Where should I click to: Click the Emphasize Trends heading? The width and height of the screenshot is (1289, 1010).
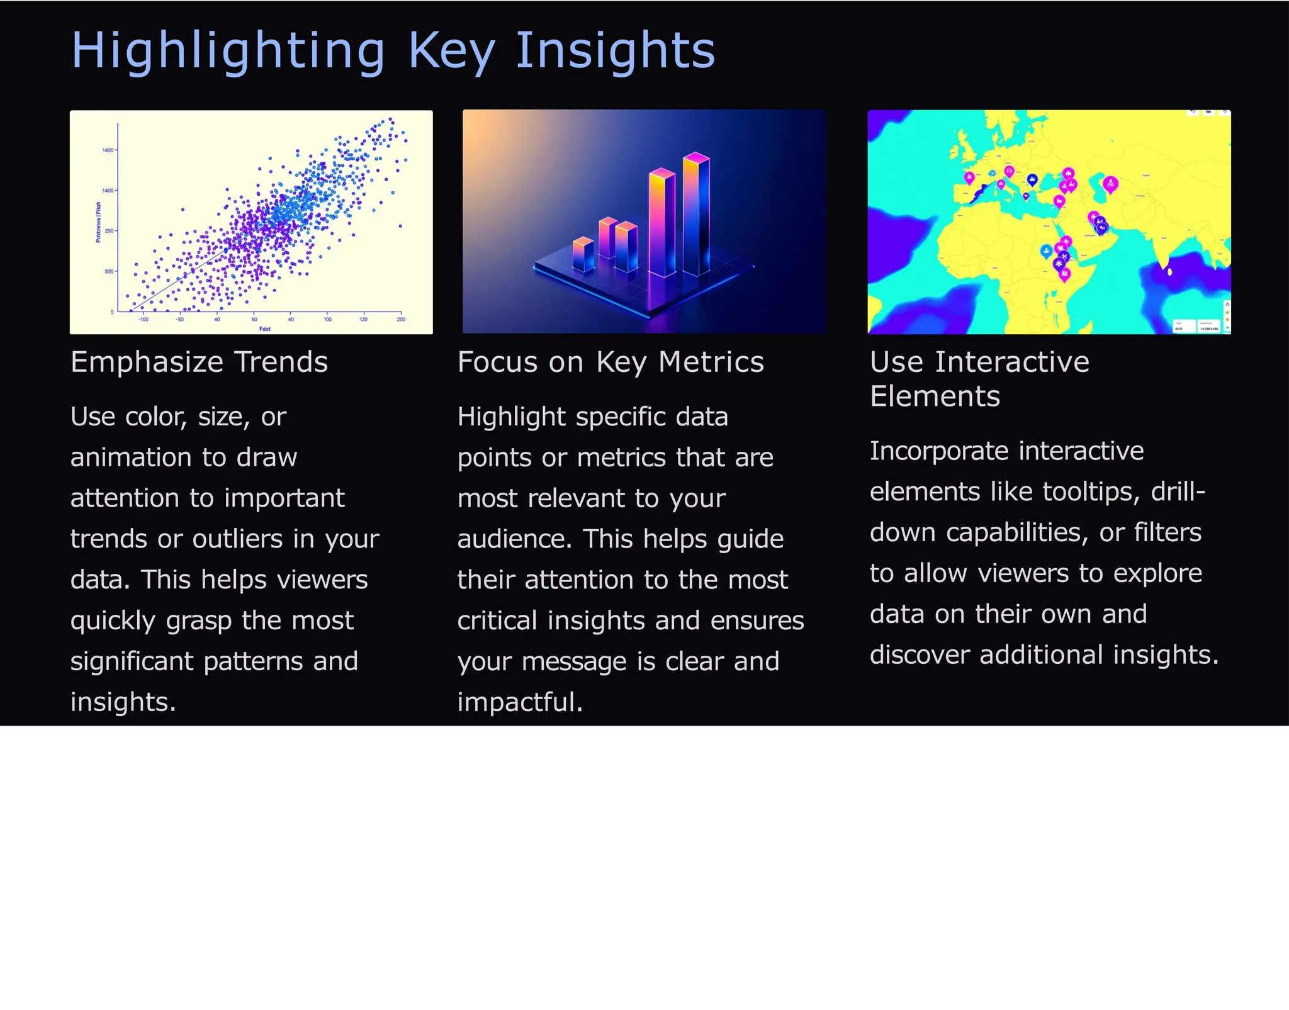pyautogui.click(x=199, y=362)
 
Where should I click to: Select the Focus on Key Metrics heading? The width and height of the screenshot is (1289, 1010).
pyautogui.click(x=611, y=362)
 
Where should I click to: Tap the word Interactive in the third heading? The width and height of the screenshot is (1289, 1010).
pyautogui.click(x=1012, y=362)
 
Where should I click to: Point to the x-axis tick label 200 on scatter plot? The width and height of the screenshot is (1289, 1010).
pyautogui.click(x=401, y=320)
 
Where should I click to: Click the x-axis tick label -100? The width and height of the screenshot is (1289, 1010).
pyautogui.click(x=143, y=320)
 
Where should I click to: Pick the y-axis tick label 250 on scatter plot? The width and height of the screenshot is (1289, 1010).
pyautogui.click(x=109, y=231)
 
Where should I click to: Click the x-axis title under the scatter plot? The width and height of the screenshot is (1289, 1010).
pyautogui.click(x=265, y=329)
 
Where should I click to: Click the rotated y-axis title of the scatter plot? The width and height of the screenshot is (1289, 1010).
pyautogui.click(x=98, y=222)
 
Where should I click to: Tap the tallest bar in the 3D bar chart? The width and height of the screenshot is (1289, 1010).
pyautogui.click(x=697, y=214)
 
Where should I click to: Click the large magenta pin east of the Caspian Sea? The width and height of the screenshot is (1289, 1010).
pyautogui.click(x=1111, y=184)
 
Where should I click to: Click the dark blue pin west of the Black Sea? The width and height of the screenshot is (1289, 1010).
pyautogui.click(x=1032, y=180)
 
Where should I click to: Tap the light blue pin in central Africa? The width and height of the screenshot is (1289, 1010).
pyautogui.click(x=1046, y=251)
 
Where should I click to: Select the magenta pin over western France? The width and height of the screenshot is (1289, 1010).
pyautogui.click(x=969, y=178)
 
